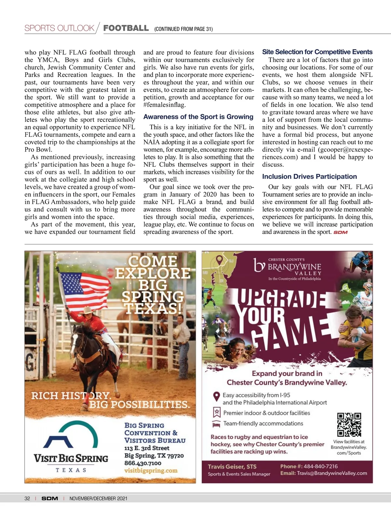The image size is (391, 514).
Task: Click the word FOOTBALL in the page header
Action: tap(126, 28)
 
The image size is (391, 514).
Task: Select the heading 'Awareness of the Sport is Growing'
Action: tap(198, 117)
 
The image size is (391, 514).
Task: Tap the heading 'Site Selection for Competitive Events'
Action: tap(317, 52)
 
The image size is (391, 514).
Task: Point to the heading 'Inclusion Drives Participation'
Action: tap(309, 177)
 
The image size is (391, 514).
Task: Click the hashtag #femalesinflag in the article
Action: tap(164, 105)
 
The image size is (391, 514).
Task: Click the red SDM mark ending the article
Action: tap(340, 232)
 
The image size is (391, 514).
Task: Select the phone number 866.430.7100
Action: tap(143, 463)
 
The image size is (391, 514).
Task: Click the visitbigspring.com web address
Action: tap(151, 471)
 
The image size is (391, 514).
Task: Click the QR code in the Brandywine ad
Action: tap(349, 424)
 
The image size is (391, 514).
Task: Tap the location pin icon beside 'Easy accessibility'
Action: tap(216, 396)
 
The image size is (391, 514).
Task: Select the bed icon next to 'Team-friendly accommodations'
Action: tap(216, 424)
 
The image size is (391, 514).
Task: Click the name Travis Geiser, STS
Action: tap(232, 466)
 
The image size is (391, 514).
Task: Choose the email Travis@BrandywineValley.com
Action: tap(332, 473)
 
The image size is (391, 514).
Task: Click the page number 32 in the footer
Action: tap(27, 498)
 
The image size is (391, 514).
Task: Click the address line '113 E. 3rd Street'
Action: tap(147, 448)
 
